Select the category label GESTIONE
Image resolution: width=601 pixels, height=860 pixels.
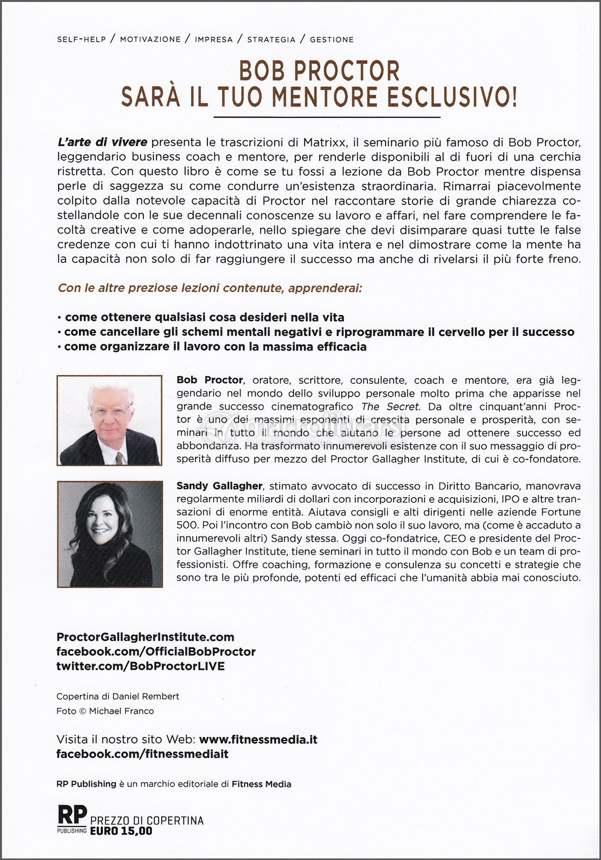coord(331,39)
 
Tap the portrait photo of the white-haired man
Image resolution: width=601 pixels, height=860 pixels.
coord(110,420)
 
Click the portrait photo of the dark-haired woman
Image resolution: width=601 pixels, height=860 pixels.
coord(110,534)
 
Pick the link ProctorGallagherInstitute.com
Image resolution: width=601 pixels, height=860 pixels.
coord(146,637)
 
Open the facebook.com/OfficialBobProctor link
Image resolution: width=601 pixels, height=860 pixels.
coord(156,651)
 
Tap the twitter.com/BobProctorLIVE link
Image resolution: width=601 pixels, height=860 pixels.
coord(140,666)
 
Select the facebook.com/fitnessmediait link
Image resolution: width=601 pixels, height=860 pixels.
coord(142,754)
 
